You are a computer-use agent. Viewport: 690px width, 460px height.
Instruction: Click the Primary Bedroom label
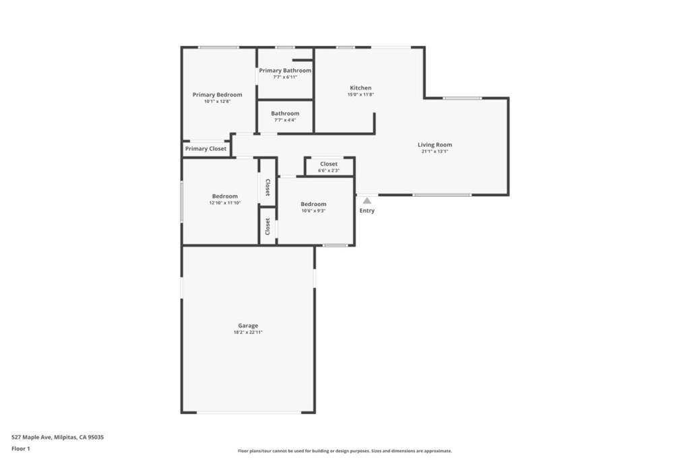217,95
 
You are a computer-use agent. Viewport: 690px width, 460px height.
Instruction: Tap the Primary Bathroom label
285,71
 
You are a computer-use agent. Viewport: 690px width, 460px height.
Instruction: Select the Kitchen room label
360,88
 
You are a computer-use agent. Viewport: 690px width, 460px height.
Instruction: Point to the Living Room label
435,145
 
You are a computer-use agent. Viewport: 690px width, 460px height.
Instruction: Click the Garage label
248,326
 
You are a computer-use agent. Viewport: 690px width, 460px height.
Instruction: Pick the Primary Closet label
206,149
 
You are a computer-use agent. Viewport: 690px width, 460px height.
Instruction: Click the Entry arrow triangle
367,200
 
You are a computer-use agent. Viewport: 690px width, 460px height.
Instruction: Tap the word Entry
367,211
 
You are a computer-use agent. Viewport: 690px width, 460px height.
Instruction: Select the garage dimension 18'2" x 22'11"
248,333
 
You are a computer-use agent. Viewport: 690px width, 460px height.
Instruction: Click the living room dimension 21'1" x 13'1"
435,152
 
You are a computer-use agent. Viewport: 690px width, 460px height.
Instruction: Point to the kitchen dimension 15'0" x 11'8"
360,95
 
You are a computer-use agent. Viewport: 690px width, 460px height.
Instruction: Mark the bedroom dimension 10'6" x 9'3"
313,211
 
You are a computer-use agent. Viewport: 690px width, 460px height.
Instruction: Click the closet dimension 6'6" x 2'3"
329,170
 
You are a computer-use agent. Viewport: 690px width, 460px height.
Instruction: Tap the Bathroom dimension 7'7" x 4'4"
285,120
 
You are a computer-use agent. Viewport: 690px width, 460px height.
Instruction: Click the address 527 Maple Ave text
57,437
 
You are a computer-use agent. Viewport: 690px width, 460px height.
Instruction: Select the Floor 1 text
21,448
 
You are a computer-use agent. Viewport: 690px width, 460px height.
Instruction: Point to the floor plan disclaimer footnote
344,451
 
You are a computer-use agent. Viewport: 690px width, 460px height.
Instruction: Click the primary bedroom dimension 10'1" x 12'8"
217,102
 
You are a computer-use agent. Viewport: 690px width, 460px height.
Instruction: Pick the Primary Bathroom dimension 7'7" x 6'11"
285,77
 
